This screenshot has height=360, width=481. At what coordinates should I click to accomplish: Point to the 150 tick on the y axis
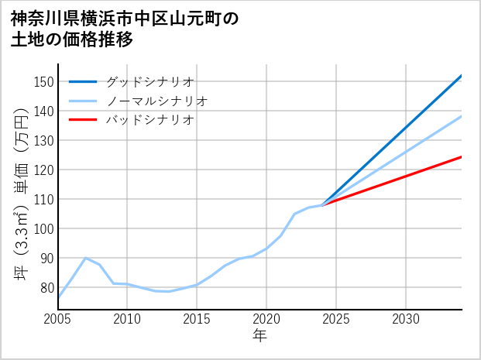[44, 82]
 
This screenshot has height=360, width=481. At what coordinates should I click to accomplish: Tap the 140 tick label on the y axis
[44, 111]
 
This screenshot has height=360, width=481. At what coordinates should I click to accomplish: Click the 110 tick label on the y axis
[44, 199]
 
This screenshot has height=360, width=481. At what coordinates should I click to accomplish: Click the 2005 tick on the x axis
[58, 319]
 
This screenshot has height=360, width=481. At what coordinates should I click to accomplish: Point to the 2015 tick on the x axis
[197, 319]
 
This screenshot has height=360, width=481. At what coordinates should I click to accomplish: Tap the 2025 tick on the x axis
[336, 319]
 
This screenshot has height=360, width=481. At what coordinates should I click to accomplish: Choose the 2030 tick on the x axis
[406, 319]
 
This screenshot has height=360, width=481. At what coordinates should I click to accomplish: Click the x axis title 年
[259, 336]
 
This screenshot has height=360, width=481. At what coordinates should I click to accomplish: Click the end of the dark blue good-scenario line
[461, 76]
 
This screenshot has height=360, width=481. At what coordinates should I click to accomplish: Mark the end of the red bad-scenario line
[461, 157]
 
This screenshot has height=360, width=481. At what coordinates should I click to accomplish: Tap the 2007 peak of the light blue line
[85, 258]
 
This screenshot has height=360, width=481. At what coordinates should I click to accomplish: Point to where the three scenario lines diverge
[322, 205]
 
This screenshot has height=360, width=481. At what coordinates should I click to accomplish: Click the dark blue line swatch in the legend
[83, 81]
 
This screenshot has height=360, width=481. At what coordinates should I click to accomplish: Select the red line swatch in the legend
[83, 120]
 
